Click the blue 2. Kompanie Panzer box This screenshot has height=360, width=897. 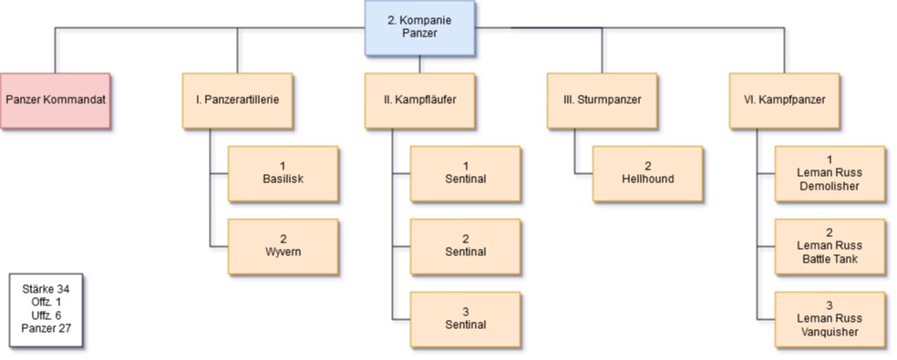pyautogui.click(x=420, y=27)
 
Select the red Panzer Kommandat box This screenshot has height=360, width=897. pyautogui.click(x=56, y=101)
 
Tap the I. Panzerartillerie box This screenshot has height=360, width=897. pyautogui.click(x=237, y=101)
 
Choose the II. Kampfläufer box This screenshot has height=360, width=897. pyautogui.click(x=420, y=101)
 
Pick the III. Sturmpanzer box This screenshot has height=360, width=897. pyautogui.click(x=602, y=101)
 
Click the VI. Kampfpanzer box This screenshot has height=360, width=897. pyautogui.click(x=784, y=101)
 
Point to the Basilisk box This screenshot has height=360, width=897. pyautogui.click(x=284, y=173)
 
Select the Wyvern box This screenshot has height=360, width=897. pyautogui.click(x=284, y=247)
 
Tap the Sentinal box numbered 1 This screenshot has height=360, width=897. pyautogui.click(x=466, y=173)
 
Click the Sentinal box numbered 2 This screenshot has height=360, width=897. pyautogui.click(x=466, y=247)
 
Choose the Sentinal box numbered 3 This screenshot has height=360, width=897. pyautogui.click(x=466, y=319)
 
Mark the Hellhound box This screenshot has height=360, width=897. pyautogui.click(x=647, y=173)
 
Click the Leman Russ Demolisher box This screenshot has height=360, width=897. pyautogui.click(x=830, y=173)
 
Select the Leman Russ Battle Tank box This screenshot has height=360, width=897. pyautogui.click(x=830, y=247)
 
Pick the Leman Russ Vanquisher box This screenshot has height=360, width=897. pyautogui.click(x=830, y=319)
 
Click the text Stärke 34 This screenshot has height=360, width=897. pyautogui.click(x=46, y=290)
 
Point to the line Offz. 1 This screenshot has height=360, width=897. pyautogui.click(x=46, y=303)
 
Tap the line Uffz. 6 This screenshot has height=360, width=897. pyautogui.click(x=46, y=315)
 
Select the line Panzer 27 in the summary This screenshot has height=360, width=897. pyautogui.click(x=46, y=328)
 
